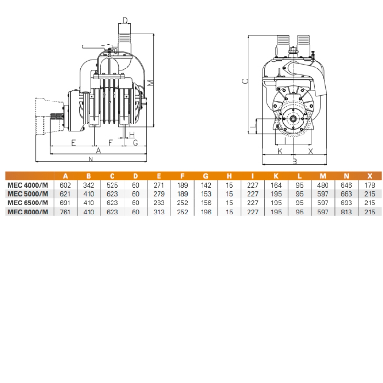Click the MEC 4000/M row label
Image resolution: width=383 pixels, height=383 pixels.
pos(28,185)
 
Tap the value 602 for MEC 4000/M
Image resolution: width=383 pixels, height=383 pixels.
pos(65,185)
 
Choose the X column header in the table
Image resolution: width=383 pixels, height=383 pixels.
pos(370,176)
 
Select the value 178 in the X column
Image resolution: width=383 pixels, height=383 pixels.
pos(370,185)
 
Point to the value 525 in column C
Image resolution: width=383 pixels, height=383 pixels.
pos(112,185)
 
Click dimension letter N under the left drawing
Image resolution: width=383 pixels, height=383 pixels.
pos(90,159)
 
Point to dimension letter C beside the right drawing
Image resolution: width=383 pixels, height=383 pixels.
pos(244,81)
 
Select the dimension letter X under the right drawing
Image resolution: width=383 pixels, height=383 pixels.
pos(310,151)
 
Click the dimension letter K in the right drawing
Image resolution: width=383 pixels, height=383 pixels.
pos(281,151)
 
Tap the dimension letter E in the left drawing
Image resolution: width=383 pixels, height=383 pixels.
pos(73,142)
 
